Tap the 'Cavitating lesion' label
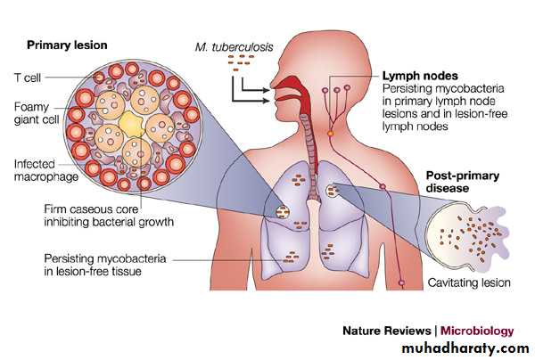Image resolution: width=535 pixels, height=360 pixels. pos(469,283)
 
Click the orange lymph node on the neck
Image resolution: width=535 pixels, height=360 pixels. pos(332,132)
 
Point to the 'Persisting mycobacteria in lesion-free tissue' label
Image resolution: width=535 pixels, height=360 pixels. pos(101,265)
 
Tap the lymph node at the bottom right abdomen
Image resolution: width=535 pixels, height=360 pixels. pos(401,284)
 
